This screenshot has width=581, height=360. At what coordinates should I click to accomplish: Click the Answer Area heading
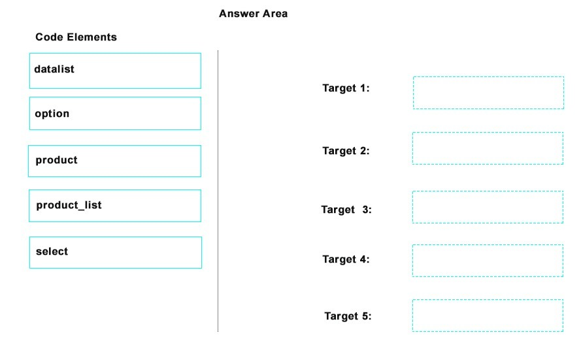[x=253, y=14]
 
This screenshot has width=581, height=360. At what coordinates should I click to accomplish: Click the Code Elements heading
[x=76, y=37]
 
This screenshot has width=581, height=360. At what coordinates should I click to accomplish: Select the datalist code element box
[x=115, y=71]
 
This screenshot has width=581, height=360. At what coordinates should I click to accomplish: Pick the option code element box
[x=115, y=113]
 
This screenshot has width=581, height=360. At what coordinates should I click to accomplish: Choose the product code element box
[x=114, y=161]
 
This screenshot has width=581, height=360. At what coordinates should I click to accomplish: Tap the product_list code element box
[x=115, y=206]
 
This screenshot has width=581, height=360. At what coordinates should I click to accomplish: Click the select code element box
[x=116, y=253]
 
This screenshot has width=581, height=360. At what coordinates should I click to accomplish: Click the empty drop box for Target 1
[x=488, y=93]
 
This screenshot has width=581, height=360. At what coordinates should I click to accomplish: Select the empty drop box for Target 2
[x=488, y=148]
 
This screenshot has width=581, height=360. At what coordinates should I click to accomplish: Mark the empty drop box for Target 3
[x=488, y=207]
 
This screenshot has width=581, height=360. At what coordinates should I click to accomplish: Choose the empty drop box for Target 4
[x=488, y=261]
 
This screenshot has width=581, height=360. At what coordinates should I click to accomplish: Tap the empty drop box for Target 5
[x=488, y=316]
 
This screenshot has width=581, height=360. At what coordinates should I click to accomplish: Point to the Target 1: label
[x=346, y=88]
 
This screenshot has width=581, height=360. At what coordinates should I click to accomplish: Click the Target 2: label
[x=346, y=151]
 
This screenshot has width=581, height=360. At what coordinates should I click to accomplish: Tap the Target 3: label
[x=346, y=210]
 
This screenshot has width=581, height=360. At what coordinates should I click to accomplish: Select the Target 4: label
[x=346, y=259]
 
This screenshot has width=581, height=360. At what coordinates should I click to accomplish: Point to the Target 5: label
[x=348, y=316]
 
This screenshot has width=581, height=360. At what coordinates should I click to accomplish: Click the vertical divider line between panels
[x=218, y=191]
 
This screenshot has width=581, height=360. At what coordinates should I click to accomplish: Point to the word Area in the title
[x=275, y=14]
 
